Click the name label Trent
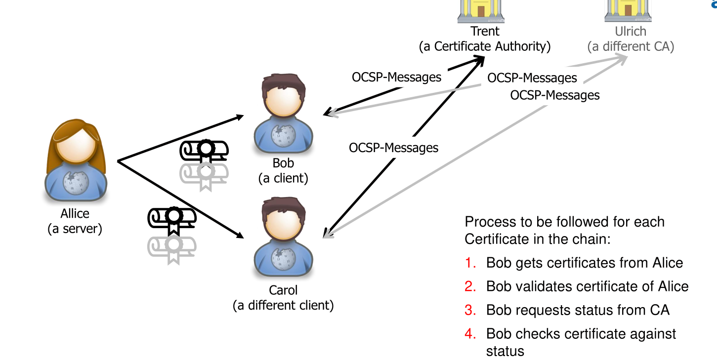pos(485,31)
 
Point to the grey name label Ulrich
pos(631,32)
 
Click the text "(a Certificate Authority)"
pos(485,47)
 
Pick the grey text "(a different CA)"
pos(631,47)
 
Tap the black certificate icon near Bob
pos(204,151)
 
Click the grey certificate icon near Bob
pos(204,175)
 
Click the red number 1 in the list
pos(470,263)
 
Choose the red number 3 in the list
pos(470,310)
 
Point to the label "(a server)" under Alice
pos(75,229)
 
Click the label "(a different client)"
pos(283,306)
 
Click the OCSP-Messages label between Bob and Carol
pos(393,148)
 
